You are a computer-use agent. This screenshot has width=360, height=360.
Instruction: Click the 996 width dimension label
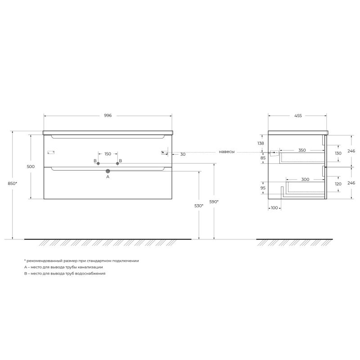point(108,116)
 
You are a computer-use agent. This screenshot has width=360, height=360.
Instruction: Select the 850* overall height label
point(13,184)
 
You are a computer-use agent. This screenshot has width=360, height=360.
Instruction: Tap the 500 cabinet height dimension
point(31,166)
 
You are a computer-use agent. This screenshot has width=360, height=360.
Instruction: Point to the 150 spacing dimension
point(108,154)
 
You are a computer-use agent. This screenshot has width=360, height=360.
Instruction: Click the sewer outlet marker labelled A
point(108,171)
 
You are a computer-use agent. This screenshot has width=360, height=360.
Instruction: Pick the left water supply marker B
point(98,163)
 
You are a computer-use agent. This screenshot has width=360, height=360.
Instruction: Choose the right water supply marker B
point(117,163)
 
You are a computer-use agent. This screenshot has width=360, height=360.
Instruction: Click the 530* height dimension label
point(199,206)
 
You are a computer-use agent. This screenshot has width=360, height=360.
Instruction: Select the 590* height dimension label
point(214,202)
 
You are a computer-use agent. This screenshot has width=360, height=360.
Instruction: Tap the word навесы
point(227,152)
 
